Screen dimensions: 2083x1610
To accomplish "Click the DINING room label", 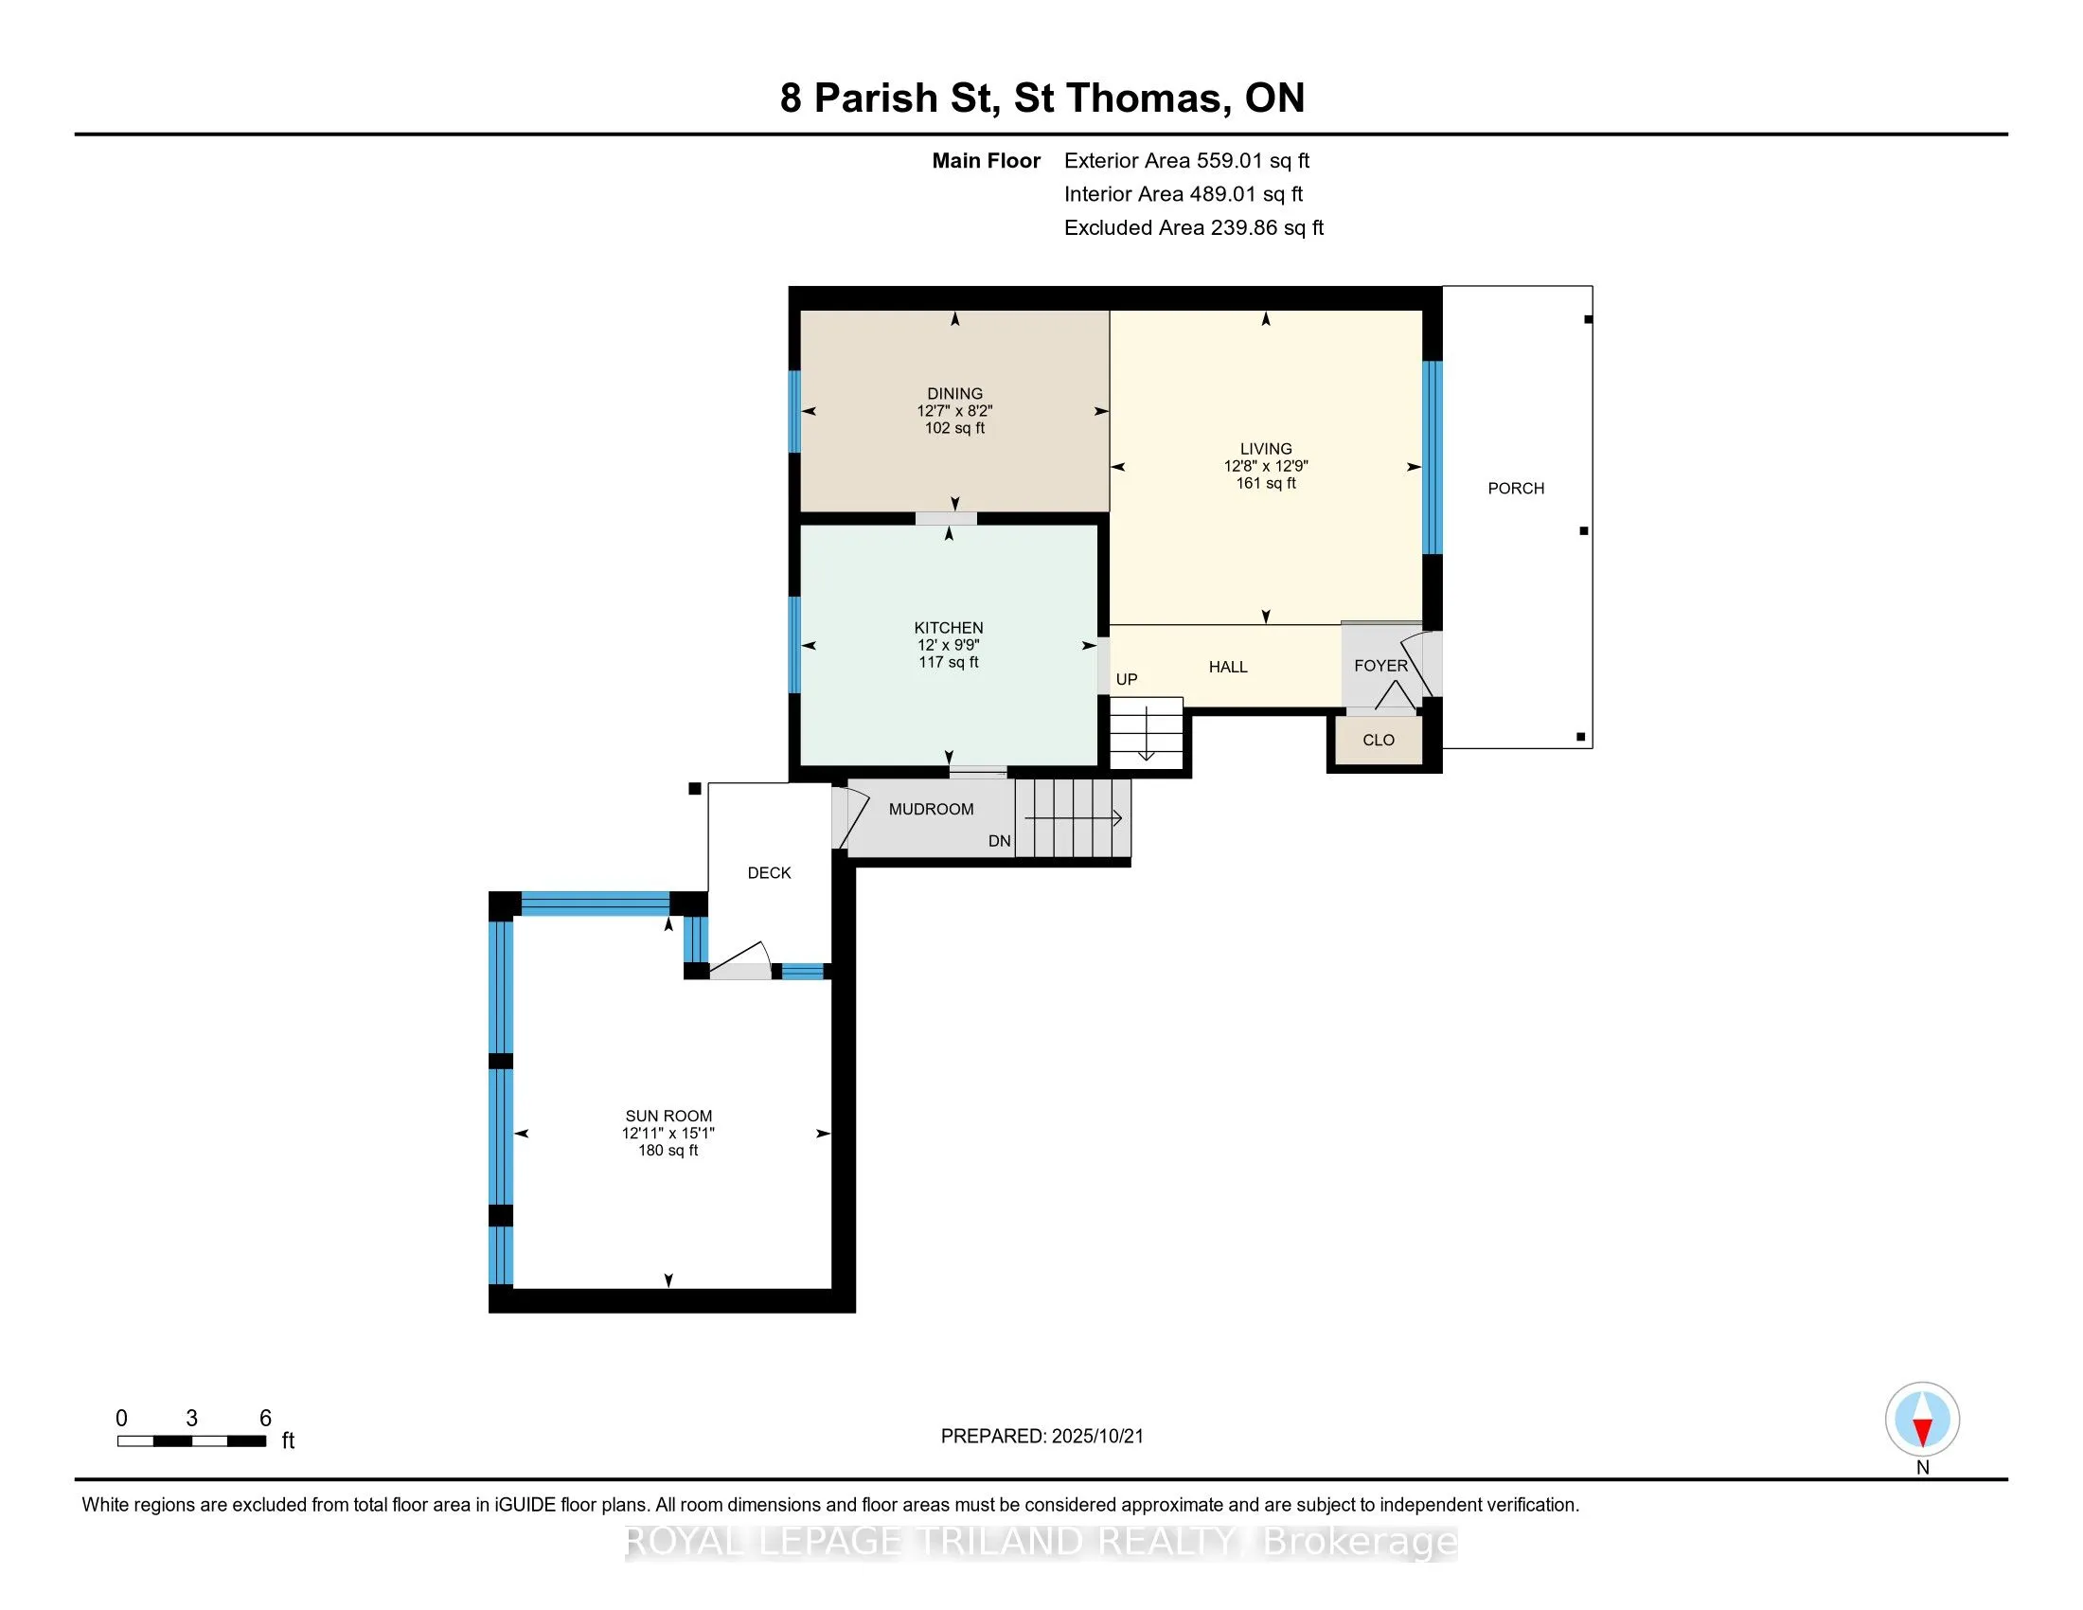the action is tap(954, 393).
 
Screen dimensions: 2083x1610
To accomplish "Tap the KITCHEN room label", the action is tap(948, 628).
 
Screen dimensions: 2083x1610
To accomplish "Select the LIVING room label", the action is tap(1266, 448).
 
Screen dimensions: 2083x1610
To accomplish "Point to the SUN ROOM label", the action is tap(668, 1116).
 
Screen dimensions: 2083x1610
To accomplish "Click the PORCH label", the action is tap(1516, 489).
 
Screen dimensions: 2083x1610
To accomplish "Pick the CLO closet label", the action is tap(1379, 741).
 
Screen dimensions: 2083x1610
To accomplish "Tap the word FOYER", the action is tap(1380, 666).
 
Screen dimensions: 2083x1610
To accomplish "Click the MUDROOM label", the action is tap(931, 809).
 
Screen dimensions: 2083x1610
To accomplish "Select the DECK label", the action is tap(769, 873).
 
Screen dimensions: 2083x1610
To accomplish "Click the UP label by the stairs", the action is tap(1127, 679).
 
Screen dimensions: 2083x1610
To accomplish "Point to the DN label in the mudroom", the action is tap(1000, 840).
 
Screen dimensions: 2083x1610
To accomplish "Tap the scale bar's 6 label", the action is tap(265, 1419).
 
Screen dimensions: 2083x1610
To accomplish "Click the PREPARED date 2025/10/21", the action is tap(1096, 1437).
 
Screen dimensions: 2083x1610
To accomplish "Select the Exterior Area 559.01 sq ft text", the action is tap(1186, 160).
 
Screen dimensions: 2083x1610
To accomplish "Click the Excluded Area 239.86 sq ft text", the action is tap(1194, 227).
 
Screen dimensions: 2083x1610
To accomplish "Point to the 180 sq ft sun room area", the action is tap(668, 1151).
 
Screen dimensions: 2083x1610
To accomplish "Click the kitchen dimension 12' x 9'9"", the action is tap(948, 645).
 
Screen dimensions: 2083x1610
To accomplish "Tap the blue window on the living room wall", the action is tap(1432, 457).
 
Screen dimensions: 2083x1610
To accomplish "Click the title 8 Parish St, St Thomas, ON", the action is tap(1042, 98).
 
